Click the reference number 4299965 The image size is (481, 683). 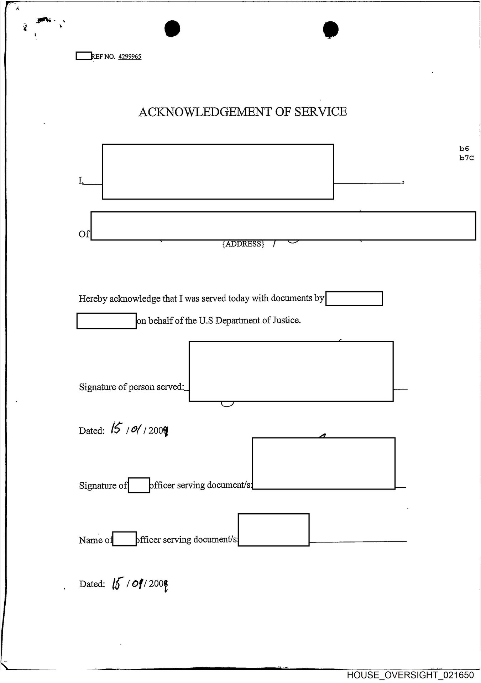(130, 57)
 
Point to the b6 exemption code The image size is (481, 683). (464, 149)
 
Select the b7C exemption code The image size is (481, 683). (466, 158)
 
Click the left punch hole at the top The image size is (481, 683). (172, 29)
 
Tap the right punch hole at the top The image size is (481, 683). (331, 29)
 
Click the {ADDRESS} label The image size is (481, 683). (244, 244)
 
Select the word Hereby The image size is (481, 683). (93, 299)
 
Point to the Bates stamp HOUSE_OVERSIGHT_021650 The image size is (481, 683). (410, 675)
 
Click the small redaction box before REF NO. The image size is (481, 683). (84, 56)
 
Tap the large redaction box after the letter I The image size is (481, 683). (218, 171)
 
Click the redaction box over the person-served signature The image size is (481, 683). (291, 371)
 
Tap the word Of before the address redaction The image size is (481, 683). (84, 234)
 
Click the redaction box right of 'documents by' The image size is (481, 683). (354, 299)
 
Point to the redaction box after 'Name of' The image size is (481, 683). (124, 539)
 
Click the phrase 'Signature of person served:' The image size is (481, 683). (131, 387)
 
